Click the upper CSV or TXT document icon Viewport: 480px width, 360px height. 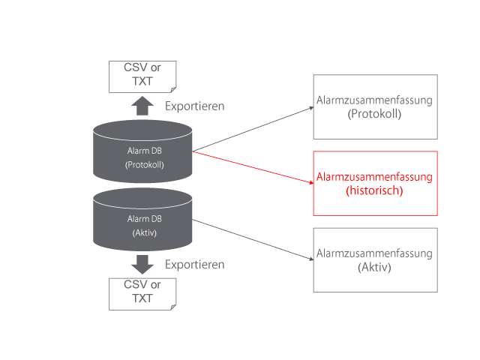point(142,76)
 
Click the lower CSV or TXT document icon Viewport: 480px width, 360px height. point(142,293)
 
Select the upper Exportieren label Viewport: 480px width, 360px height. point(195,106)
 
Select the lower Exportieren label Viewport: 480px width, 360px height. point(195,264)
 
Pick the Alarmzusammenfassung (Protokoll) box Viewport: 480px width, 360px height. point(375,106)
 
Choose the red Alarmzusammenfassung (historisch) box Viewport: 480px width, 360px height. point(375,184)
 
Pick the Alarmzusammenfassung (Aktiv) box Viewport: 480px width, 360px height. point(375,259)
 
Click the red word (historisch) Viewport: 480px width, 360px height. point(375,191)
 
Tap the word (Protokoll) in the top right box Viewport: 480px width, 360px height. point(375,114)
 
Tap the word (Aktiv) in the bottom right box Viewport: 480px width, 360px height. point(375,267)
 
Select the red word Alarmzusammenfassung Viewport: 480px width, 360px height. point(375,177)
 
